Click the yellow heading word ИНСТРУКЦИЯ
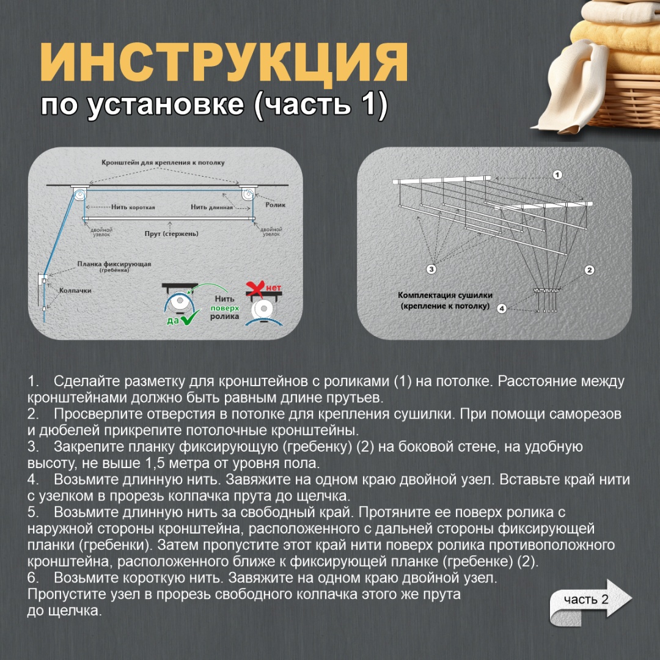tap(224, 62)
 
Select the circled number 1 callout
tap(557, 175)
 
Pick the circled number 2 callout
tap(589, 270)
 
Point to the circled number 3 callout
tap(431, 269)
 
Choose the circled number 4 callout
tap(502, 308)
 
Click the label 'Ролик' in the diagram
tap(275, 205)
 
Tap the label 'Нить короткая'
tap(133, 207)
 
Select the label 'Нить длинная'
tap(211, 207)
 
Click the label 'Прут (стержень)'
tap(171, 233)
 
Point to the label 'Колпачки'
tap(75, 290)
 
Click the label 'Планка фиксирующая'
tap(114, 264)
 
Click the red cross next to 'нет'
tap(255, 288)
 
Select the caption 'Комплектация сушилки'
tap(445, 296)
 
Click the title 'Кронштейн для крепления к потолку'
tap(163, 163)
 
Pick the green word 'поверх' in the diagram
tap(225, 308)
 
